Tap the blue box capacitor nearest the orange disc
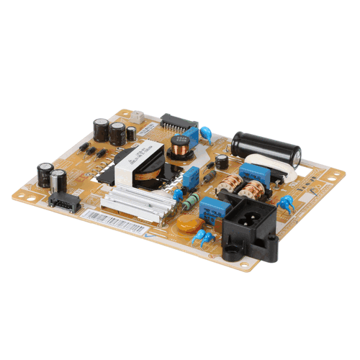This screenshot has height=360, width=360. tap(215, 209)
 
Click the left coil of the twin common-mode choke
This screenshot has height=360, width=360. tap(229, 184)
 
